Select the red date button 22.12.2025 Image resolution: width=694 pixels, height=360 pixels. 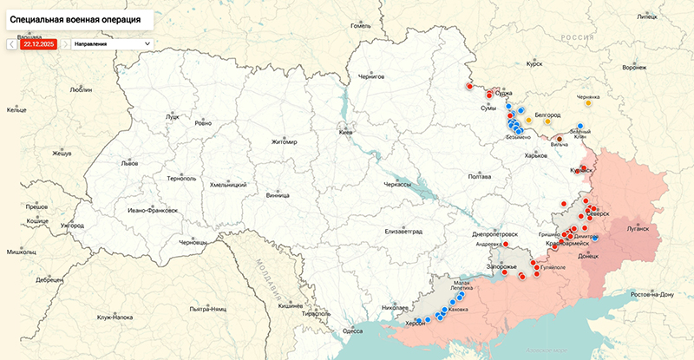(39, 43)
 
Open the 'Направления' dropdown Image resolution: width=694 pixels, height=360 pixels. (112, 43)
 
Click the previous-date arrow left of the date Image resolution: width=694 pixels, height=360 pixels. (12, 43)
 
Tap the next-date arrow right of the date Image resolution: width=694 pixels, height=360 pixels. (64, 43)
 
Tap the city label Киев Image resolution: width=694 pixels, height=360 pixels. (345, 132)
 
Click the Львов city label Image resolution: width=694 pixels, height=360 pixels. (129, 162)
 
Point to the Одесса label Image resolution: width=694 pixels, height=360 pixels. (352, 331)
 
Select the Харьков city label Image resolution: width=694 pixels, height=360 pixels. (537, 155)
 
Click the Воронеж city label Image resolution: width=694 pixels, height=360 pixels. (635, 68)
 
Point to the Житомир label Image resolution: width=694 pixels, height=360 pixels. (284, 142)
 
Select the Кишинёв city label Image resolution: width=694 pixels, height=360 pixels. (290, 306)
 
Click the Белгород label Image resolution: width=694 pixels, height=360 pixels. (547, 115)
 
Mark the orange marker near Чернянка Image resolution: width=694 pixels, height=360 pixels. (588, 103)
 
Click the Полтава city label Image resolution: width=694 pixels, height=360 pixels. (480, 176)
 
